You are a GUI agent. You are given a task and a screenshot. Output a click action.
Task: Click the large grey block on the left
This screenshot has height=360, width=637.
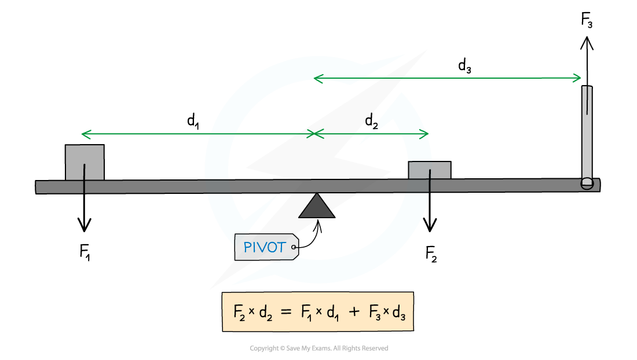85,162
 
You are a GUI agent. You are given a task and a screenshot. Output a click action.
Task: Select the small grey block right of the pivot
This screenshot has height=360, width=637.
430,170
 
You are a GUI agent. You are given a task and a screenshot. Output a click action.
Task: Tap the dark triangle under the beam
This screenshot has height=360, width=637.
317,207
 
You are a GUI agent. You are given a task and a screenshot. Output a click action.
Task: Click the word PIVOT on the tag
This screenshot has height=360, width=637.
265,248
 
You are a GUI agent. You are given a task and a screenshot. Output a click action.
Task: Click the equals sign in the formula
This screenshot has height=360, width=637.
286,311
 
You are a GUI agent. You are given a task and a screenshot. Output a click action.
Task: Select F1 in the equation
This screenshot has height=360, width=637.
306,313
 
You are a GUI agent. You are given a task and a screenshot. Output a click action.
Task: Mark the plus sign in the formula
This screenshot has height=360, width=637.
354,312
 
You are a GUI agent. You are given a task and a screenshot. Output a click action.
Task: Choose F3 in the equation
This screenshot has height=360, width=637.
375,313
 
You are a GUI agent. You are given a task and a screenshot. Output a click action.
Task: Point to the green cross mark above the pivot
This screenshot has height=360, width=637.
314,134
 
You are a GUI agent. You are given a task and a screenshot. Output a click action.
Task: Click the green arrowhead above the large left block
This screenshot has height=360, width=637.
85,134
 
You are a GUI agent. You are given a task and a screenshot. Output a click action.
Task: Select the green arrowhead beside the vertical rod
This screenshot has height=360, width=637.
577,78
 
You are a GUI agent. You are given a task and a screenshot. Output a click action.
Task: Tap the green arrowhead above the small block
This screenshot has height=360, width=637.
425,134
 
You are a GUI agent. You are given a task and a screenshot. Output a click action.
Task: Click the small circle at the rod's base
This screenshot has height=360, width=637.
587,183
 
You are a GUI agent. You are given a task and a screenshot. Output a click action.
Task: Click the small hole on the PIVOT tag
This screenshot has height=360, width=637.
294,248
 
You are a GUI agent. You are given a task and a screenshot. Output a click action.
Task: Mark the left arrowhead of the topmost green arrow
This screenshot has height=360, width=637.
316,78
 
